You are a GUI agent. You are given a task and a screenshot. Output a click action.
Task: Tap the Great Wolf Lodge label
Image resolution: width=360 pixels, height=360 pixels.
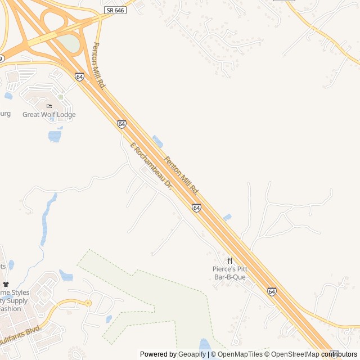(x=49, y=115)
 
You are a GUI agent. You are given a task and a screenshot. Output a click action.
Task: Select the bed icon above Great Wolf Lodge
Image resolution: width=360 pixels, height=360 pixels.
(x=49, y=106)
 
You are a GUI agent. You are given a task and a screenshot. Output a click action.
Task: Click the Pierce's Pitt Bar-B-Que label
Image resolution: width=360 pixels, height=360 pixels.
(x=229, y=273)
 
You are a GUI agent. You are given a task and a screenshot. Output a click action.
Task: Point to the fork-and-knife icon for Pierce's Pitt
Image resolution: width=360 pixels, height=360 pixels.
(x=229, y=261)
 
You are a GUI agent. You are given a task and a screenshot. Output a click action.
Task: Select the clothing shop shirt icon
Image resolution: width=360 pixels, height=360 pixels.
(x=6, y=285)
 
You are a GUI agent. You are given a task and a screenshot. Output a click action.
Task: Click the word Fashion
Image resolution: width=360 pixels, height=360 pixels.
(x=10, y=308)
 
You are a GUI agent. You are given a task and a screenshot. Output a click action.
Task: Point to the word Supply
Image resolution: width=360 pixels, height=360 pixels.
(x=17, y=300)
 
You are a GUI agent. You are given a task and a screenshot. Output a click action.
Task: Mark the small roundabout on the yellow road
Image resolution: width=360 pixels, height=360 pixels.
(x=88, y=303)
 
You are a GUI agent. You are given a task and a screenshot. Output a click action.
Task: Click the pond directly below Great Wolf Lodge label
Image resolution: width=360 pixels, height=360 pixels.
(x=55, y=136)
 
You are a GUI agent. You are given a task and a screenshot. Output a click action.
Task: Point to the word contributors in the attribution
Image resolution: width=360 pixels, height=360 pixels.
(x=339, y=354)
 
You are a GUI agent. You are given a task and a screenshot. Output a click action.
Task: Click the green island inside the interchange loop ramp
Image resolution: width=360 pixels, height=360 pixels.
(x=69, y=43)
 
